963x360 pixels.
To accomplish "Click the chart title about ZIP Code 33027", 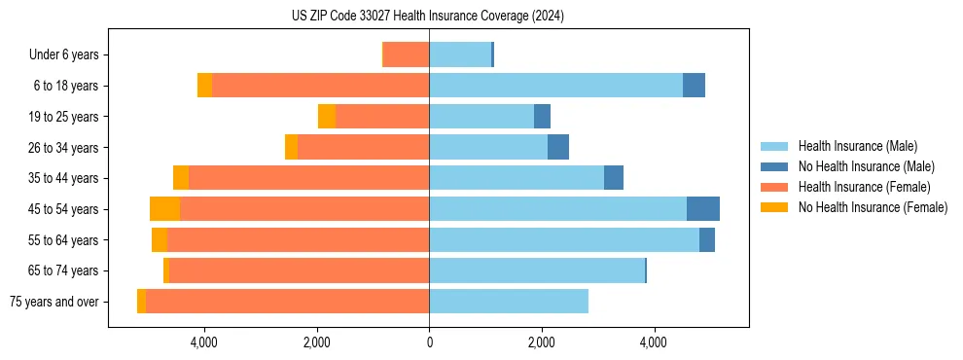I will [428, 17].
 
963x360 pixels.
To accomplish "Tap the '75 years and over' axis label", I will [53, 302].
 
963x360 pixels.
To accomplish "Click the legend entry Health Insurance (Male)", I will [857, 146].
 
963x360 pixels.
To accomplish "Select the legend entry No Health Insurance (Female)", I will [873, 207].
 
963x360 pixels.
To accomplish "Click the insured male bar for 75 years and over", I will [509, 302].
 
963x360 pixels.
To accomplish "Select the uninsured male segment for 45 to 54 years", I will [703, 209].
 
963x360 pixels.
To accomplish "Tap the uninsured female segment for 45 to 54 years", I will [165, 209].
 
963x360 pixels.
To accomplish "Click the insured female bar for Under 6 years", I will [407, 54].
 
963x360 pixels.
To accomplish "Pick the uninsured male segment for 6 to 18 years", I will [694, 86].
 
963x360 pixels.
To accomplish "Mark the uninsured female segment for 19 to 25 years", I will [327, 117].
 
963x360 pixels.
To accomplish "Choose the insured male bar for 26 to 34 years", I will [488, 147].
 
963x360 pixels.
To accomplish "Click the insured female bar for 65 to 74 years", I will [300, 270].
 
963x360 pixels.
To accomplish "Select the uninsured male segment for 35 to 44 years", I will [614, 178].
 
